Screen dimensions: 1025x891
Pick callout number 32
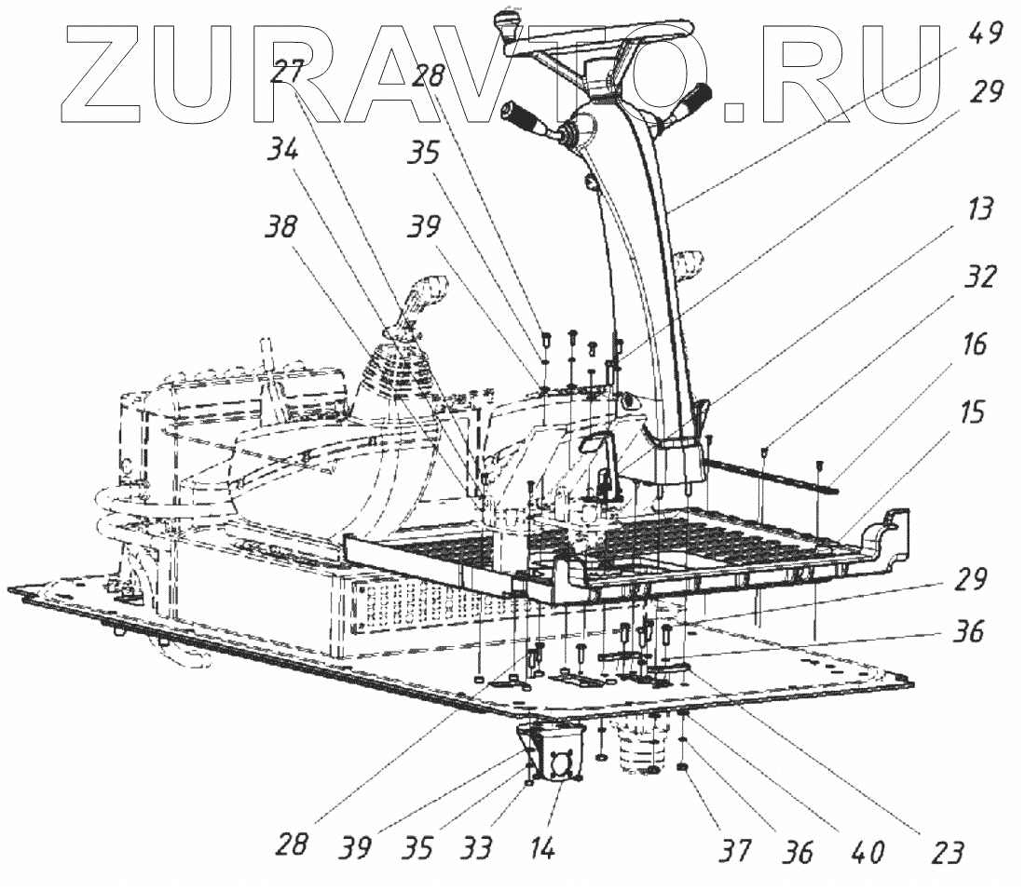coord(980,278)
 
